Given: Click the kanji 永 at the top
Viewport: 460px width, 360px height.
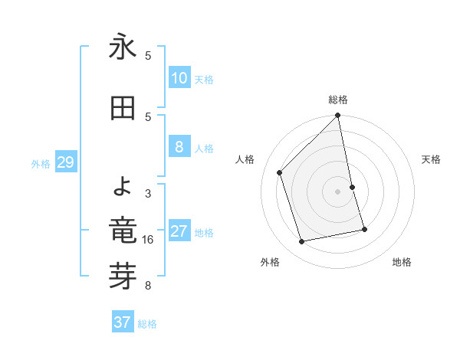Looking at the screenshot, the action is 123,47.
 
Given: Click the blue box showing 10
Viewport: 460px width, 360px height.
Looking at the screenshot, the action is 179,78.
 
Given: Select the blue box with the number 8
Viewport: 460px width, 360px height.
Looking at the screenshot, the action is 179,148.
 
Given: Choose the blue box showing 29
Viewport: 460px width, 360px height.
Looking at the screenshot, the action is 65,162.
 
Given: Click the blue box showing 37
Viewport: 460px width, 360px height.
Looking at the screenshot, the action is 122,322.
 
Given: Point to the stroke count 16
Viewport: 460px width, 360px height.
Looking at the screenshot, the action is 148,240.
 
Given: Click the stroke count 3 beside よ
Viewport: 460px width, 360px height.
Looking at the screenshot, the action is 148,193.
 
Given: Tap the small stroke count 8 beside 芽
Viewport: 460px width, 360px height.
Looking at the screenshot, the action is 148,286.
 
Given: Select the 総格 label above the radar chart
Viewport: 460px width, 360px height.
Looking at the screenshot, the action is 337,100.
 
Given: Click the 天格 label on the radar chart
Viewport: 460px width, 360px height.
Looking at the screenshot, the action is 431,159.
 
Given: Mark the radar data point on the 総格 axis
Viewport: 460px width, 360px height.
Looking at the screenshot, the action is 337,116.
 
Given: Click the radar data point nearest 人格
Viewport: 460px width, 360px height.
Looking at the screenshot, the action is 280,172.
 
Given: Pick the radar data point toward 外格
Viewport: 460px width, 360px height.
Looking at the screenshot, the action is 302,241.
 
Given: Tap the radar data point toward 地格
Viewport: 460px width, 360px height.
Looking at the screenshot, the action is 364,229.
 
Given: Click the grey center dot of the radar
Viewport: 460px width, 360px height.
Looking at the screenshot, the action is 337,191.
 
